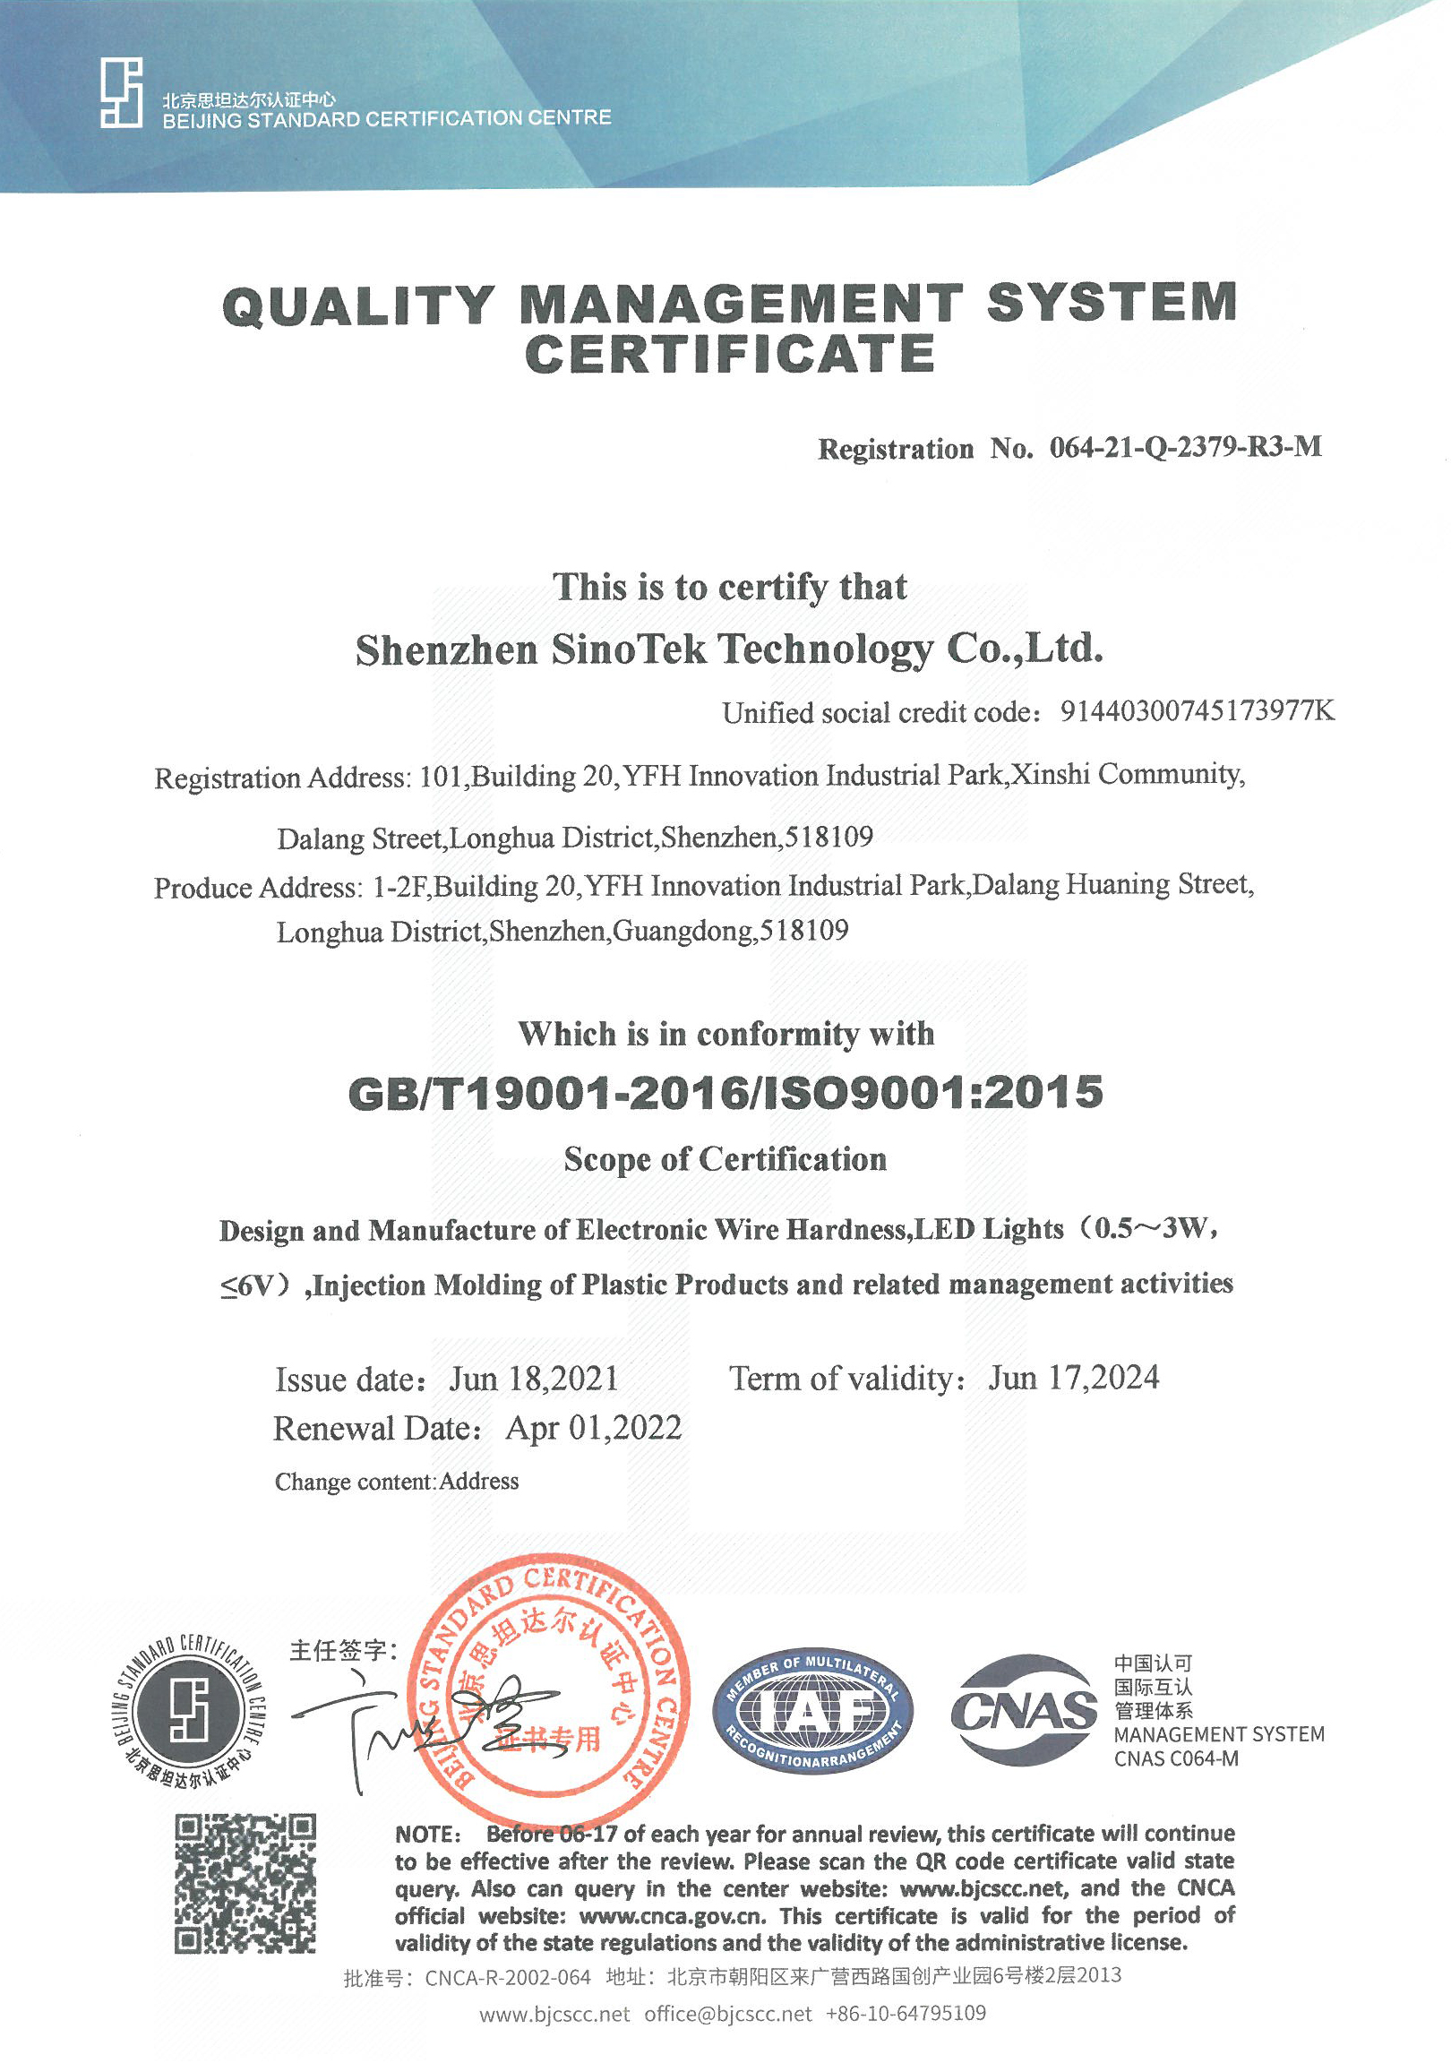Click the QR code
245,1882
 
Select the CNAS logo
1024,1710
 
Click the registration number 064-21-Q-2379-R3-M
1185,447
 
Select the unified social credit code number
1197,711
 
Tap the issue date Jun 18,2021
534,1380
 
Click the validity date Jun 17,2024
1074,1378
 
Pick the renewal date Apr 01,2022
594,1428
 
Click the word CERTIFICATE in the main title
730,354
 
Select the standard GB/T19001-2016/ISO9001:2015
725,1093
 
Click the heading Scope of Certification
725,1159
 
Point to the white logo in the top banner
121,92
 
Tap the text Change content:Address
396,1482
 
